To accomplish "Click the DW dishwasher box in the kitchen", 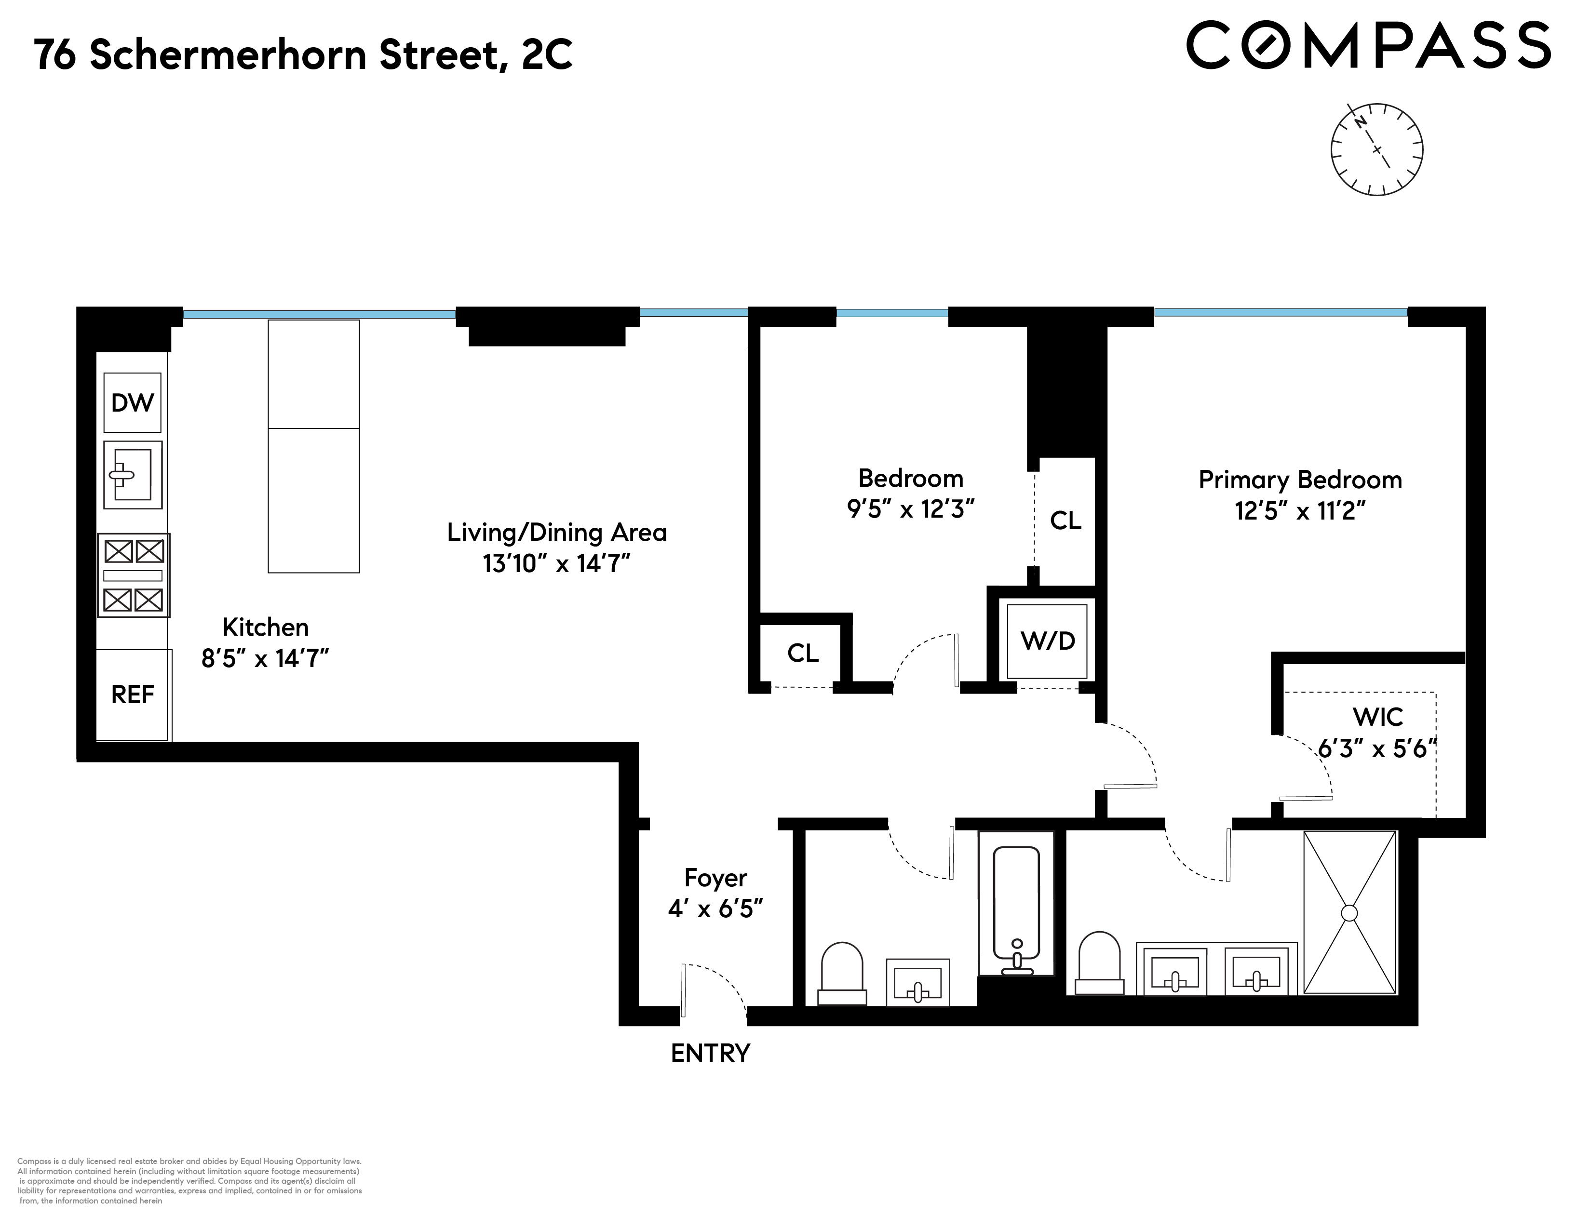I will (x=133, y=402).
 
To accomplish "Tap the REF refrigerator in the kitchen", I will (x=133, y=695).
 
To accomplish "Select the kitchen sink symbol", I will (x=133, y=475).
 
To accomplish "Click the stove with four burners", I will (x=134, y=575).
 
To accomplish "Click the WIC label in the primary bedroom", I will (x=1377, y=717).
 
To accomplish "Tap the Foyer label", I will (x=715, y=878).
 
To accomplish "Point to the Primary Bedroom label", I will (x=1300, y=481).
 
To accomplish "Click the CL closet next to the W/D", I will (x=1065, y=521).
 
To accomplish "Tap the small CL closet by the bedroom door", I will (x=802, y=653).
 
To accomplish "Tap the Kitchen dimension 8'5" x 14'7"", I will (x=265, y=659).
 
